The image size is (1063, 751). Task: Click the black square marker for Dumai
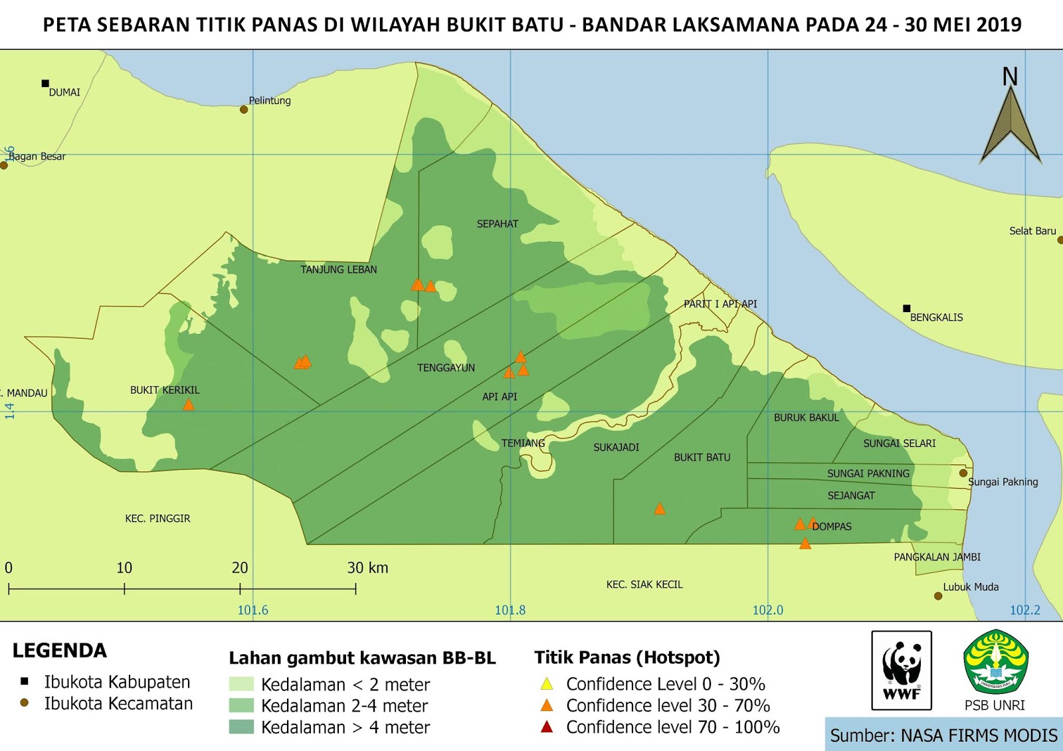pos(45,83)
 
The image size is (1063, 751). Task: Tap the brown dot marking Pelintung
pos(244,110)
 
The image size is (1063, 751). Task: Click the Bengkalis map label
pos(935,317)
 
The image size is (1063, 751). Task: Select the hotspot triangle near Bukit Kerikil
pos(189,404)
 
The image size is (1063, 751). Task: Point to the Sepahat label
pos(497,224)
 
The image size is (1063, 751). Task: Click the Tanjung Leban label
pos(338,270)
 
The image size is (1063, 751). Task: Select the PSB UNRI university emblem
pos(995,662)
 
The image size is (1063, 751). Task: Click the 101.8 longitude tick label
pos(510,610)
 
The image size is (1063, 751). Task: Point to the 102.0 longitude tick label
pos(767,610)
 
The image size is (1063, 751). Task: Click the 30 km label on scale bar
pos(367,568)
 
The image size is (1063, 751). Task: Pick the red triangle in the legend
pos(547,727)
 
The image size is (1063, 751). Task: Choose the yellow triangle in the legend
pos(547,684)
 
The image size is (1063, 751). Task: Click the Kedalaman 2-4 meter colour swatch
pos(241,705)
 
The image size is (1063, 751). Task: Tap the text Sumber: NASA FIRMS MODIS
pos(943,735)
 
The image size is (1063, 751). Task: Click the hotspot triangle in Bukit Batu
pos(659,509)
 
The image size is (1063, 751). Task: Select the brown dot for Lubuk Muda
pos(938,596)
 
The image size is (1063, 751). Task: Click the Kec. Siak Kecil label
pos(644,584)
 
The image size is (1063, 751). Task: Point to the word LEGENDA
pos(60,651)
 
